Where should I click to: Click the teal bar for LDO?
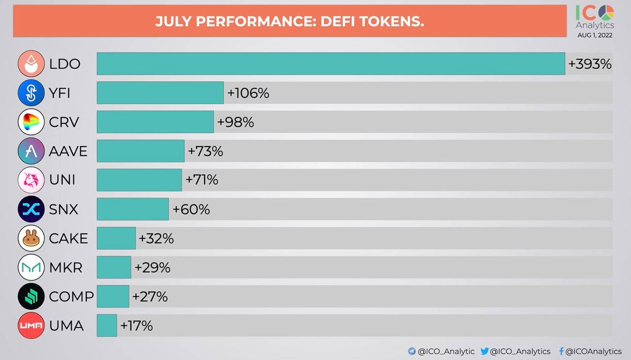tap(330, 64)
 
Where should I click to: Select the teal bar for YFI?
tap(160, 93)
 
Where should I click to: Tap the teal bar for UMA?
tap(106, 325)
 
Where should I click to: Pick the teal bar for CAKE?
tap(116, 238)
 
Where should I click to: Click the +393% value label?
tap(590, 64)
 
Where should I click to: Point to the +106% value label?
tap(248, 93)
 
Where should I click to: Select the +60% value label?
tap(191, 210)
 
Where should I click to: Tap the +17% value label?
tap(136, 326)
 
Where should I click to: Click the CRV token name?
tap(64, 122)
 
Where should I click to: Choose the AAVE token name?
tap(68, 151)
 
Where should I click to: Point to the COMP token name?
tap(71, 297)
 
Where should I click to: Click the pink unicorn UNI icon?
tap(31, 180)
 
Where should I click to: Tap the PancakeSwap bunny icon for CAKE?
tap(31, 238)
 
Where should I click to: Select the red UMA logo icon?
tap(31, 325)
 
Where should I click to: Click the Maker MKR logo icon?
tap(31, 267)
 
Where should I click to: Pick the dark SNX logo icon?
tap(31, 209)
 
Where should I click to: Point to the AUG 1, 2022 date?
tap(595, 35)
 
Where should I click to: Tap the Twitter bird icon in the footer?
tap(485, 351)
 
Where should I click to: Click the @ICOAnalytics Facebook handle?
tap(594, 352)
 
